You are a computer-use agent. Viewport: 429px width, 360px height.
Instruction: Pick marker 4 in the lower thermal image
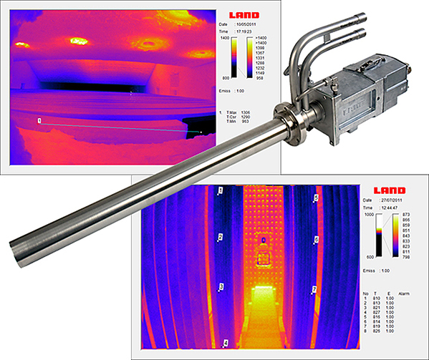click(x=226, y=343)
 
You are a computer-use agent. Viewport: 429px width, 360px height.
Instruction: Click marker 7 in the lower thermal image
click(x=314, y=289)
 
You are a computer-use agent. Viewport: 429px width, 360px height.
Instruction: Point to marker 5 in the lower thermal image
click(x=317, y=197)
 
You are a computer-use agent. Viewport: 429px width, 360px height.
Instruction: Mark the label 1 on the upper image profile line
click(x=39, y=122)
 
